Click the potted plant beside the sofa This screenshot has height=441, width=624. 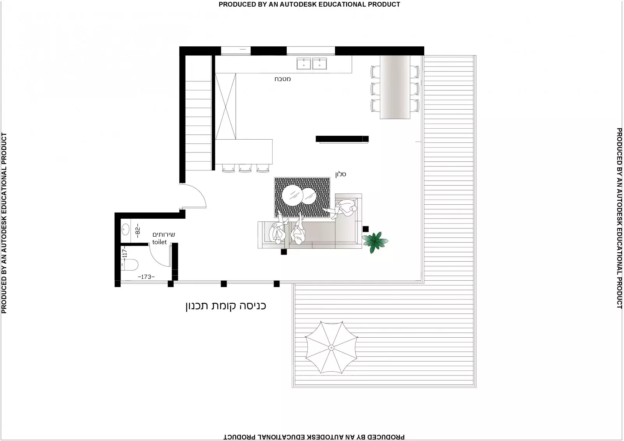pyautogui.click(x=375, y=242)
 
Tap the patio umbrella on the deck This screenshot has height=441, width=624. pyautogui.click(x=331, y=347)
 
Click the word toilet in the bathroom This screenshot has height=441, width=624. pyautogui.click(x=159, y=242)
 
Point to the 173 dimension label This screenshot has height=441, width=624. pyautogui.click(x=146, y=277)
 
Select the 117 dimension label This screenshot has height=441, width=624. pyautogui.click(x=125, y=253)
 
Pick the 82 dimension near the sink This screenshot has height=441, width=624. pyautogui.click(x=137, y=230)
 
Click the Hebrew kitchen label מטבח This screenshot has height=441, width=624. pyautogui.click(x=282, y=79)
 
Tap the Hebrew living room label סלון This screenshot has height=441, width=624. pyautogui.click(x=340, y=174)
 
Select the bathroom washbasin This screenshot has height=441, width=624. pyautogui.click(x=126, y=229)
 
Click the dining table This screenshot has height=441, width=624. pyautogui.click(x=395, y=87)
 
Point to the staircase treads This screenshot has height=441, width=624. pyautogui.click(x=198, y=125)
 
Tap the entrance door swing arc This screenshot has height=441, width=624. pyautogui.click(x=199, y=195)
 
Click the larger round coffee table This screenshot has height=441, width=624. pyautogui.click(x=292, y=195)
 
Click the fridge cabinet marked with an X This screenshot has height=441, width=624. pyautogui.click(x=225, y=106)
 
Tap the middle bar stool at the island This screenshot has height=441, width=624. pyautogui.click(x=245, y=168)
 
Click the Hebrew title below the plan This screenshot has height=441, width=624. pyautogui.click(x=226, y=306)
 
